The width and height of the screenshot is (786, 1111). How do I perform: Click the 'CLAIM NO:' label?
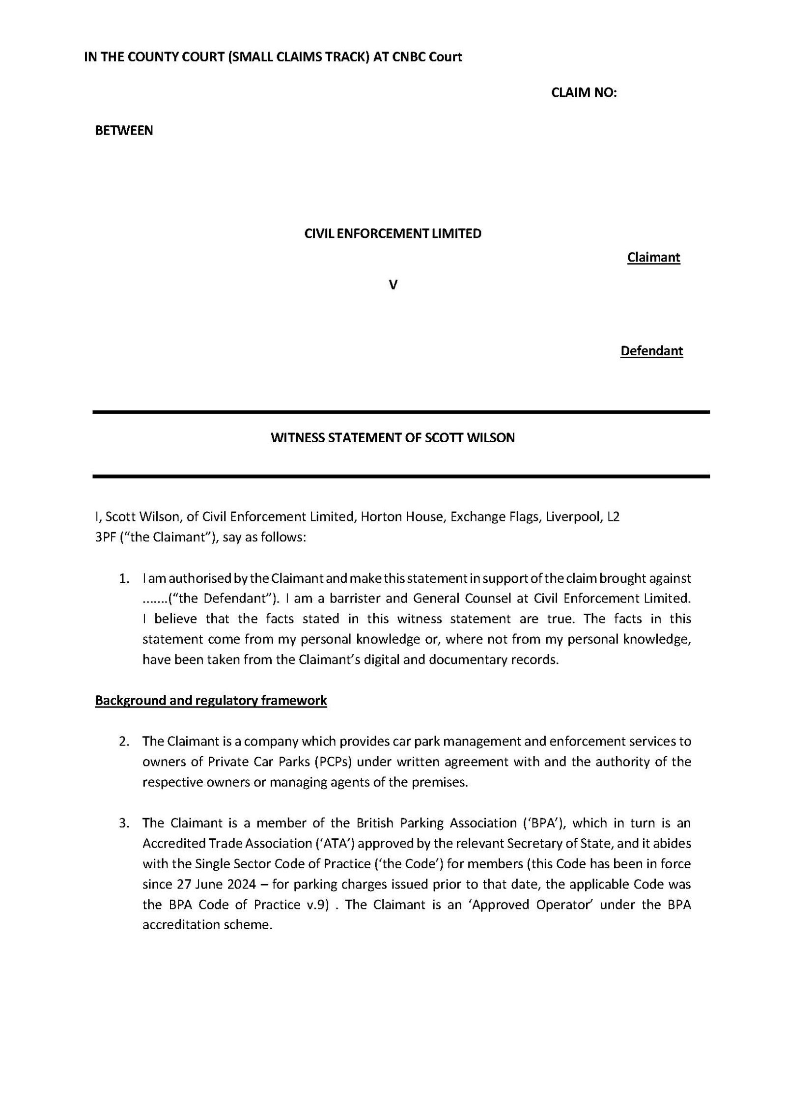[x=584, y=93]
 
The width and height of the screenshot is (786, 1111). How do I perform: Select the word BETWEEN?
[x=124, y=131]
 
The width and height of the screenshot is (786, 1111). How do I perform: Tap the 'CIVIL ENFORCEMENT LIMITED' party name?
[x=393, y=234]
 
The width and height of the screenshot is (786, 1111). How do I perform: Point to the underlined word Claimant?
[x=653, y=257]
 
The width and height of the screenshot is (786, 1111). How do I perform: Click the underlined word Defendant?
[x=651, y=351]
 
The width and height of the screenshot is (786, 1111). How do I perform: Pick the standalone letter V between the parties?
[x=393, y=285]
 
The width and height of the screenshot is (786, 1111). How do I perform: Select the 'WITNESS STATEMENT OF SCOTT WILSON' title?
[x=393, y=438]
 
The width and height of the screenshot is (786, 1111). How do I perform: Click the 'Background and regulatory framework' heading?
[x=211, y=700]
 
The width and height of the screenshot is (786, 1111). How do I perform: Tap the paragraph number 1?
[x=124, y=579]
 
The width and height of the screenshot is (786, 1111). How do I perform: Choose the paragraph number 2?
[x=124, y=741]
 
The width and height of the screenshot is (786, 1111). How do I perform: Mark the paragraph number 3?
[x=124, y=823]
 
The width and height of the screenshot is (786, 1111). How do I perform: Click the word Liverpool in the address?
[x=570, y=517]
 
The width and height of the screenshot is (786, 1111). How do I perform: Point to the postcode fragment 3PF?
[x=103, y=538]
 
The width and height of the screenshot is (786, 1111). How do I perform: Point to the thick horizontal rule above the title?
[x=401, y=412]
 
